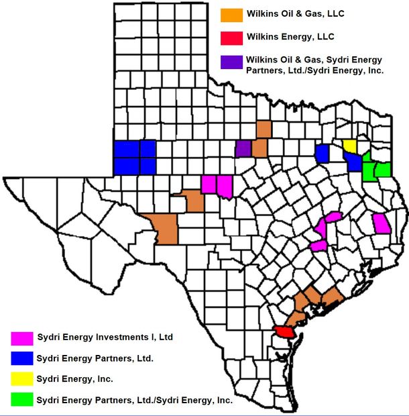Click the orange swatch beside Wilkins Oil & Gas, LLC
(231, 15)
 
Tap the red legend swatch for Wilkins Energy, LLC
(231, 38)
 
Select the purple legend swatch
(231, 61)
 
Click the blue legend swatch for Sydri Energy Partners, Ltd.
(22, 358)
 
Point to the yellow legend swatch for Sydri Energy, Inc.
(22, 379)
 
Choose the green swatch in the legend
(22, 400)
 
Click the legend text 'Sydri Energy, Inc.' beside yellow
(75, 379)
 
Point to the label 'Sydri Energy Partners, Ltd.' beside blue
(95, 358)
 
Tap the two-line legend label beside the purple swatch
(314, 65)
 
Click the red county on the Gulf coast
(283, 332)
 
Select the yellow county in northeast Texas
(350, 146)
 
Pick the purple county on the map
(243, 148)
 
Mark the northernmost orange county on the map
(264, 129)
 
